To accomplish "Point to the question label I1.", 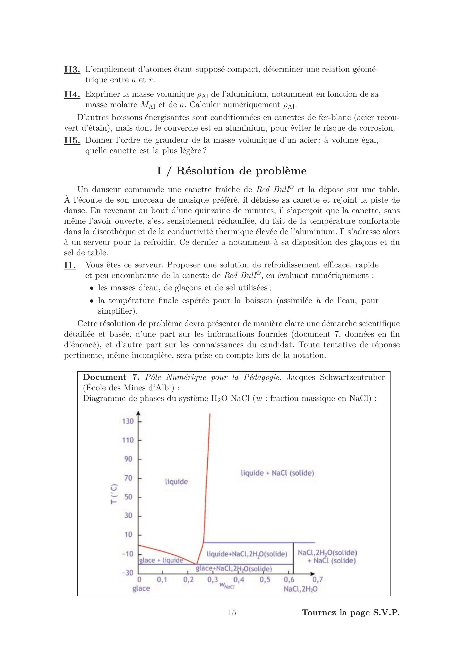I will (70, 265).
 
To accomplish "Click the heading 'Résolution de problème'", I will (232, 171).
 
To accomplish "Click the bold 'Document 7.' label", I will (111, 377).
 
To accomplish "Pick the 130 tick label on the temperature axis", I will (128, 421).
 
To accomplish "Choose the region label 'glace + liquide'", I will (161, 560).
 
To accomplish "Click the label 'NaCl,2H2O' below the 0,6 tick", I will (301, 589).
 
